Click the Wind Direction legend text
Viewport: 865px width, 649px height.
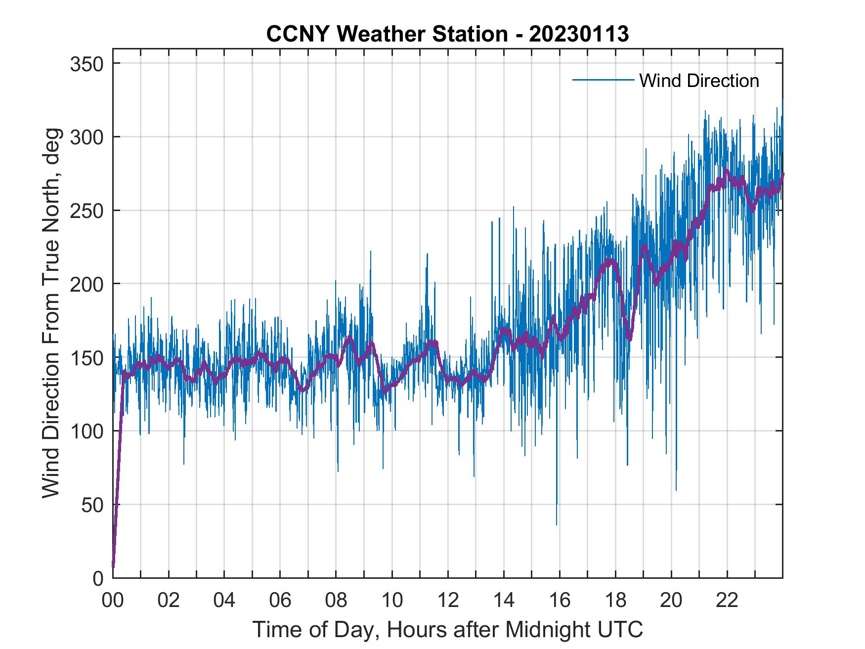[699, 81]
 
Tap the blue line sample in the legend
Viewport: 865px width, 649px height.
[603, 80]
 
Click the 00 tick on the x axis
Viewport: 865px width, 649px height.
[113, 601]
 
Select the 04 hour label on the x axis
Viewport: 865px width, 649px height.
[224, 601]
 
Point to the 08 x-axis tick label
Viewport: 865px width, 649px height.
[336, 601]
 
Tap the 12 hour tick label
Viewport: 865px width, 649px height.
[448, 601]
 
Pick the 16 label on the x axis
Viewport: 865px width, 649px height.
[560, 601]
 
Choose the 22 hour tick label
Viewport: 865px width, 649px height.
[727, 601]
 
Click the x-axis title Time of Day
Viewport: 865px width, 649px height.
[448, 630]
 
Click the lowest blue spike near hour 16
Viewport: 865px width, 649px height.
[557, 523]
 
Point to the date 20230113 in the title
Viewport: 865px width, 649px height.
[578, 35]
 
